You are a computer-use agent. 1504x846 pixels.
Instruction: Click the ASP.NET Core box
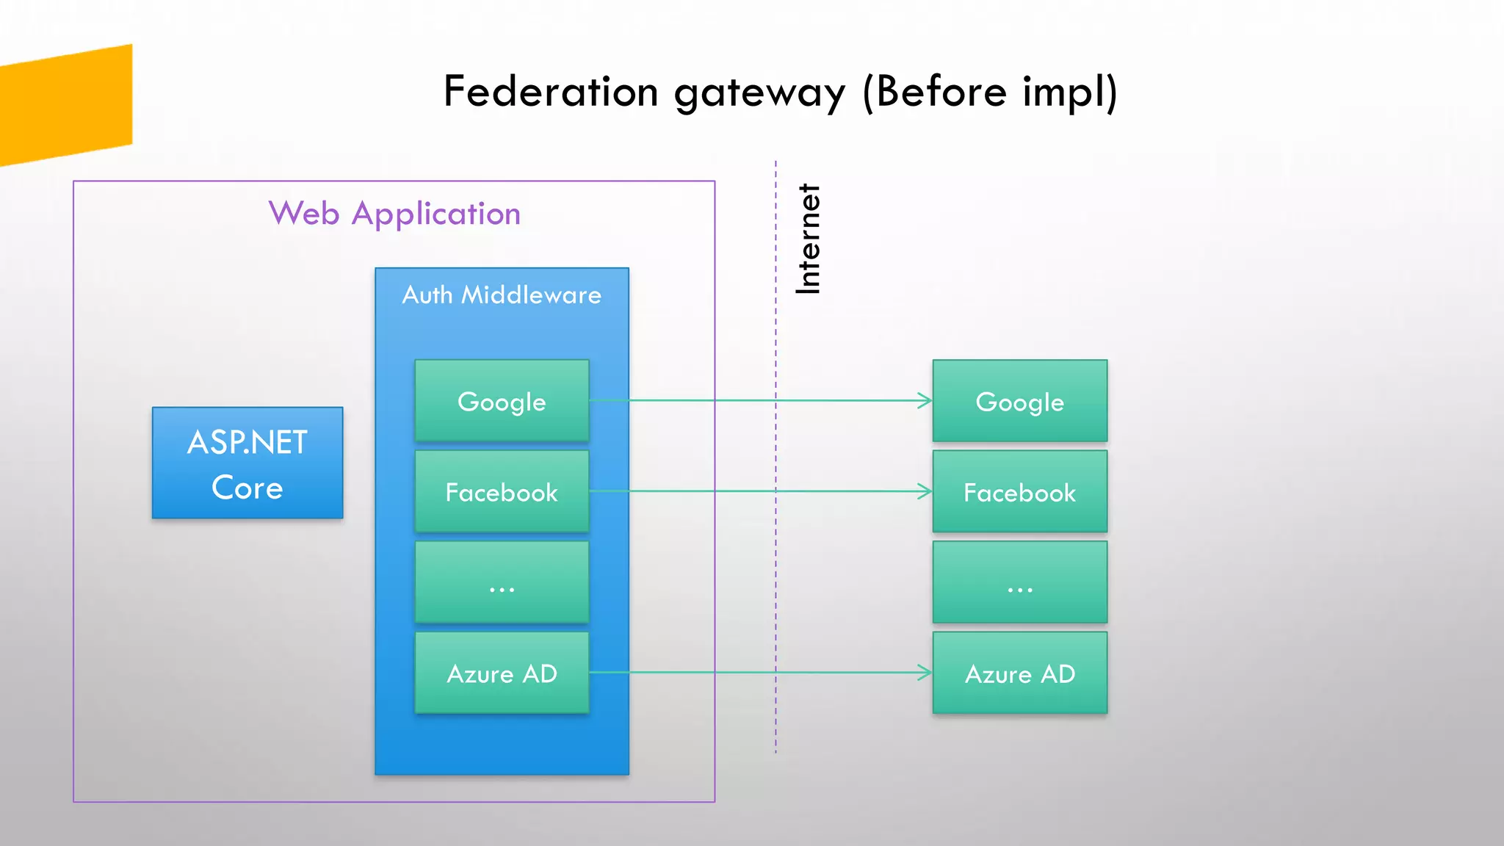(247, 463)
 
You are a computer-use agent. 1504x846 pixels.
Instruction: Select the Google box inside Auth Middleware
(502, 401)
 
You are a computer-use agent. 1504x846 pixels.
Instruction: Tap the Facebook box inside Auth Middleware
(502, 491)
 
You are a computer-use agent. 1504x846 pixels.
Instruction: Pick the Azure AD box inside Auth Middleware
(502, 673)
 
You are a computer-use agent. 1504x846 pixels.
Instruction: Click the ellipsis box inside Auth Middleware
(502, 582)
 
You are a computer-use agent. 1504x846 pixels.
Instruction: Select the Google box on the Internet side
(1019, 401)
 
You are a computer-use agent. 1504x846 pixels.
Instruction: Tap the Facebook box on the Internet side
(1019, 491)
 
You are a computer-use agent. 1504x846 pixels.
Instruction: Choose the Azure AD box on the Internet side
(1019, 673)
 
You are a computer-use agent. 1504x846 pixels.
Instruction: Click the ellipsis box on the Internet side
(1019, 582)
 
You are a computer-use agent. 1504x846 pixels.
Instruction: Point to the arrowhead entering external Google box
(925, 401)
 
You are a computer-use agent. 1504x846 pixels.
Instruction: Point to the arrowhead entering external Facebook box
(925, 491)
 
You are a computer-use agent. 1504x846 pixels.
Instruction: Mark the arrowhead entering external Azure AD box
(925, 673)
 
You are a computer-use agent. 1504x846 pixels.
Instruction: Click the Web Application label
(394, 214)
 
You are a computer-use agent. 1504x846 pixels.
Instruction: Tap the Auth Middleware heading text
(502, 295)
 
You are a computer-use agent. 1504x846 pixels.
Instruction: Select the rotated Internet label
(808, 239)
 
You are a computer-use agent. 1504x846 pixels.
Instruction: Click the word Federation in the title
(551, 92)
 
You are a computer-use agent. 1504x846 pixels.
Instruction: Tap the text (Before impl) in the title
(989, 92)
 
